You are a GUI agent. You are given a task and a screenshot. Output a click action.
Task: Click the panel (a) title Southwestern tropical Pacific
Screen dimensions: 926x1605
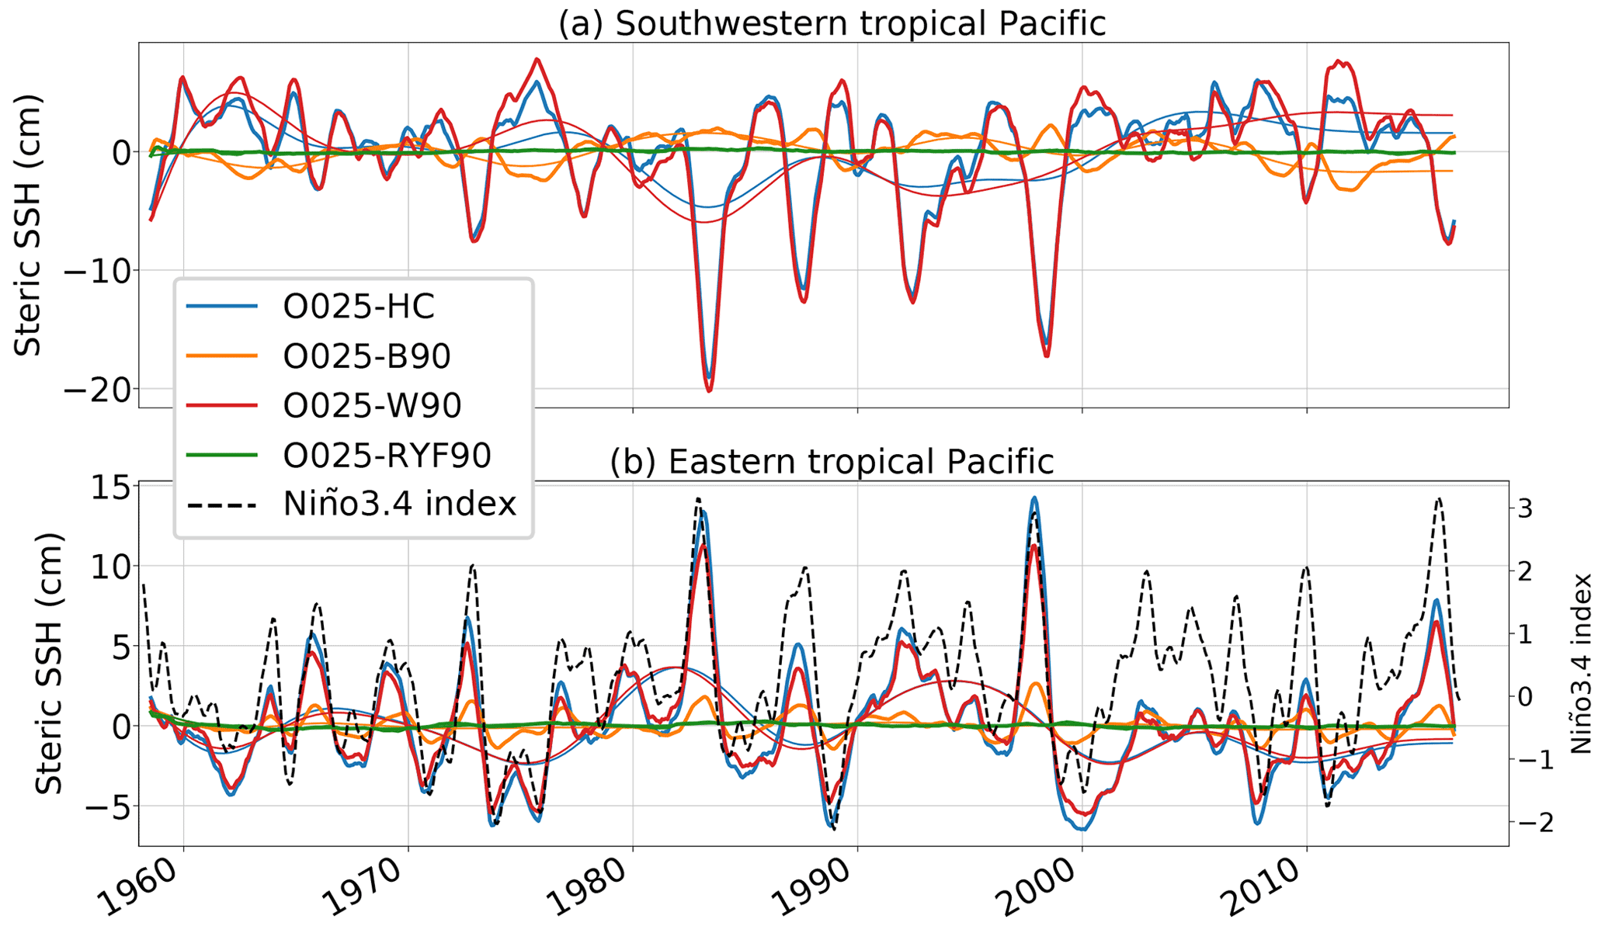[832, 23]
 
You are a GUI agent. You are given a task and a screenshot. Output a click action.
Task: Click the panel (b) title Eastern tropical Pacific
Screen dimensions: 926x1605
[832, 462]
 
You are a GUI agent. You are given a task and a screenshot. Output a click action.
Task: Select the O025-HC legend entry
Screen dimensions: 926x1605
[358, 307]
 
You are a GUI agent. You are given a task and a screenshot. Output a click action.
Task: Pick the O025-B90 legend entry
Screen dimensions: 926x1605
[367, 356]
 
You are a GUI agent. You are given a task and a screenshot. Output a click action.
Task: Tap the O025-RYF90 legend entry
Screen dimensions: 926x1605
[387, 456]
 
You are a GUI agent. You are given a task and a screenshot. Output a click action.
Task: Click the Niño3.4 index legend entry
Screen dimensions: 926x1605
[399, 505]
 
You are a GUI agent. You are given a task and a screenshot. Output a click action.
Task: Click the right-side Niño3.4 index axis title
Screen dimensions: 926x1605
[1580, 664]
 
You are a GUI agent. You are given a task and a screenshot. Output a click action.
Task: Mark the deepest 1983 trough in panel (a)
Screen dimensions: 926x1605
[709, 390]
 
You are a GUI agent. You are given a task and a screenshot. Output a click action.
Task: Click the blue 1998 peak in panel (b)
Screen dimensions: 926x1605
[1034, 498]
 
